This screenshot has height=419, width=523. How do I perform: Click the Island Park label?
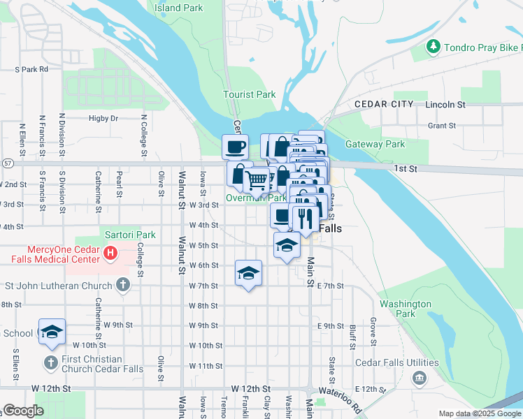(x=178, y=8)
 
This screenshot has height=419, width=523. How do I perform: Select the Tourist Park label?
(x=249, y=94)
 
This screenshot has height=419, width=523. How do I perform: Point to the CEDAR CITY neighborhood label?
(x=384, y=104)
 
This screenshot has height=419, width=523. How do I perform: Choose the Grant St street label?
(x=441, y=126)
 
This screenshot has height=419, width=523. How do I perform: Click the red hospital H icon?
(x=110, y=252)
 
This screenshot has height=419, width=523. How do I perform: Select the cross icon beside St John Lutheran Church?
(x=123, y=285)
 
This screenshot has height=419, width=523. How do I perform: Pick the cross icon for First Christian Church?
(x=50, y=362)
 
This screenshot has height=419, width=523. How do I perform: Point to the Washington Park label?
(x=405, y=309)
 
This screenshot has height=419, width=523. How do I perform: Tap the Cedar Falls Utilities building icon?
(x=419, y=378)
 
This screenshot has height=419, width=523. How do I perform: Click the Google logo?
(x=23, y=411)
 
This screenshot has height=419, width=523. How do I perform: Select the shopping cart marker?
(x=257, y=180)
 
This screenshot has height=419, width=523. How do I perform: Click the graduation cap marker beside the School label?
(x=51, y=332)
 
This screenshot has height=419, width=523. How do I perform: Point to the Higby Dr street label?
(x=103, y=119)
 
